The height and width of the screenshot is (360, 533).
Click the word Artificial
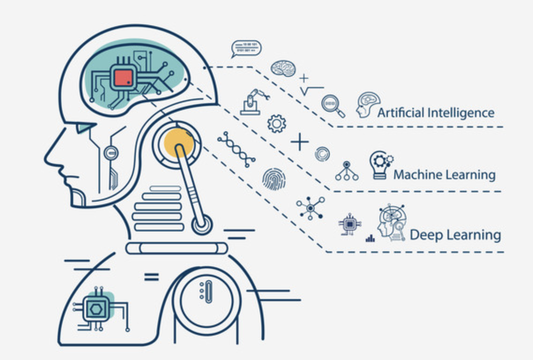400,113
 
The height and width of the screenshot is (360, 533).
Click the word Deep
426,234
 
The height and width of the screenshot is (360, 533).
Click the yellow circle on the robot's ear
178,141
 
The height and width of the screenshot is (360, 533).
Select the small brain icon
283,69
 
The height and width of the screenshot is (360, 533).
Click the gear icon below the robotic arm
276,123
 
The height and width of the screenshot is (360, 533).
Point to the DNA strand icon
236,149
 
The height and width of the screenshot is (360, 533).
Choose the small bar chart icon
370,239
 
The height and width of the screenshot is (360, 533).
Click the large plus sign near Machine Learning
300,142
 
